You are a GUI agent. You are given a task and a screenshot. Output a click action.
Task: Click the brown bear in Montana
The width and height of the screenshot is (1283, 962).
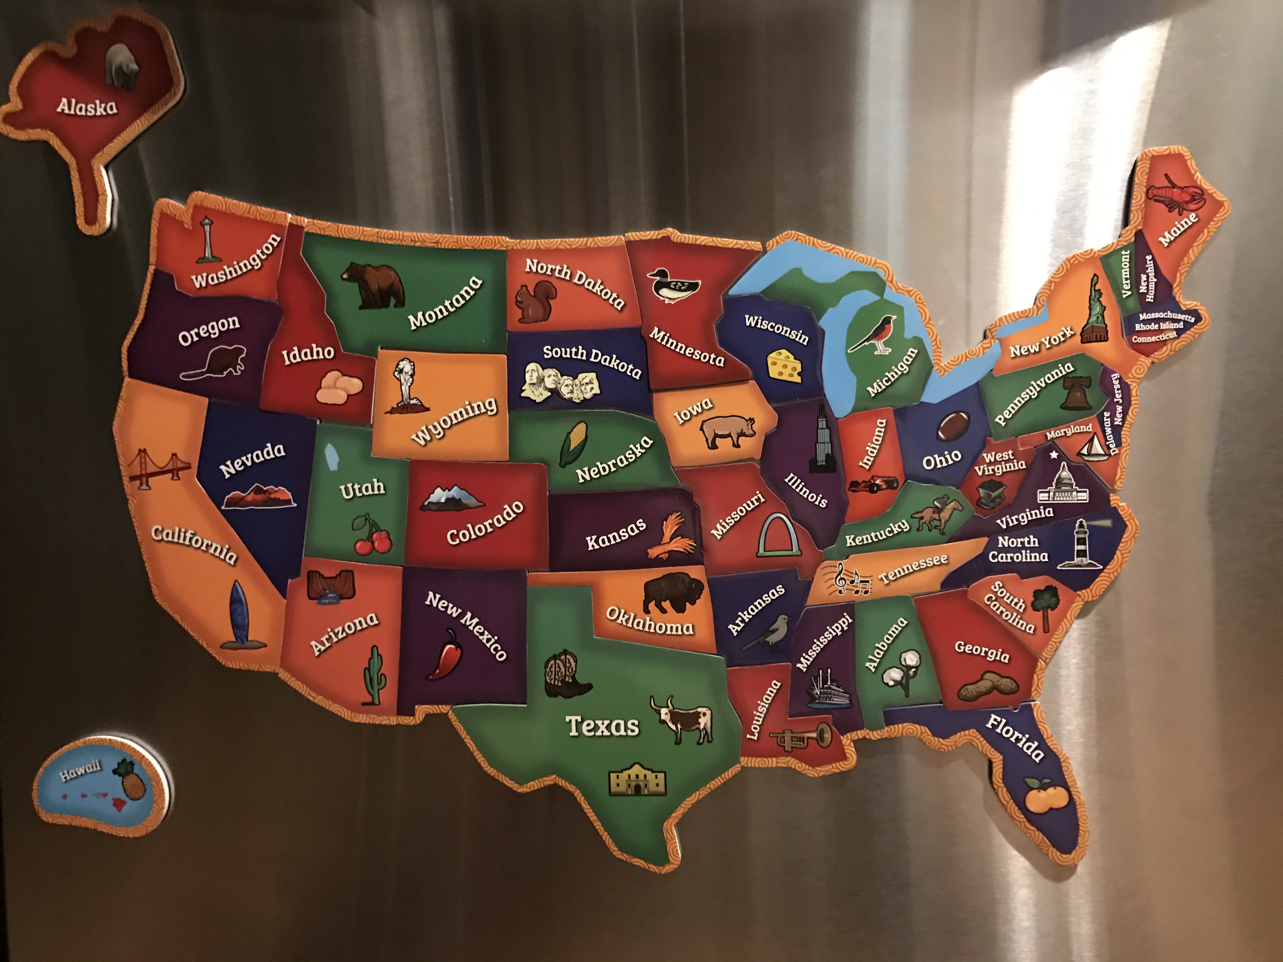[372, 285]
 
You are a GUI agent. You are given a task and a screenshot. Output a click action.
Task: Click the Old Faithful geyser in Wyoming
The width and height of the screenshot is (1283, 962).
[401, 386]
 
